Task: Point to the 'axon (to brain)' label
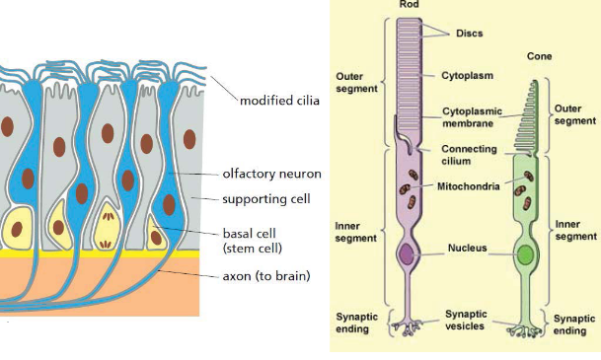click(266, 276)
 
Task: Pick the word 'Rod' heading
click(408, 5)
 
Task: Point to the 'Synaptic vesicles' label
click(465, 320)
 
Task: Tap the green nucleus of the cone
click(529, 255)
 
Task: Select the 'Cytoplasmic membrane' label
click(468, 116)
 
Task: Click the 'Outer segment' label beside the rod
click(357, 82)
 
